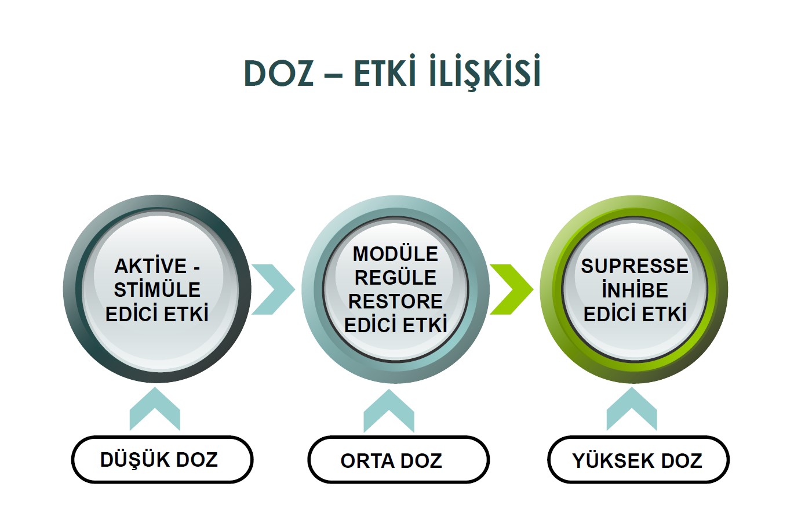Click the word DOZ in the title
click(x=279, y=74)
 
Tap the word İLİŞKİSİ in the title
click(x=485, y=71)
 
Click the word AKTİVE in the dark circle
click(x=150, y=266)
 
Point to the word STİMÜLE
click(x=157, y=290)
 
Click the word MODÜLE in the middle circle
click(x=395, y=254)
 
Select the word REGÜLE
click(x=395, y=277)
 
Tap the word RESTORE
click(x=395, y=301)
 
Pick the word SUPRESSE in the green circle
click(x=635, y=266)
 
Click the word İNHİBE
click(x=635, y=290)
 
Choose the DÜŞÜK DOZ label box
click(x=162, y=460)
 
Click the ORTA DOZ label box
click(x=398, y=460)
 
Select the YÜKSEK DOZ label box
click(x=638, y=460)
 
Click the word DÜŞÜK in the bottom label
click(x=134, y=460)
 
